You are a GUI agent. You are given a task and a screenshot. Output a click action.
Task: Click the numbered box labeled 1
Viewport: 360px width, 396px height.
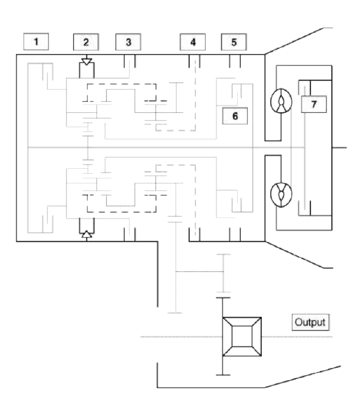click(x=36, y=41)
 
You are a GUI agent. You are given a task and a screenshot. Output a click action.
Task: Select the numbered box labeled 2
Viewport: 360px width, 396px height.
click(x=86, y=42)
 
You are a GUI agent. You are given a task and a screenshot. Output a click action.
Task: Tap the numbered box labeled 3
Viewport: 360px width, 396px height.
click(x=128, y=42)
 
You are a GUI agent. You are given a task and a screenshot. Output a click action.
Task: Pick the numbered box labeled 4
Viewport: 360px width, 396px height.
click(x=193, y=42)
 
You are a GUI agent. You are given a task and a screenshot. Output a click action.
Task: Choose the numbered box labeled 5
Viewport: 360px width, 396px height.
click(x=234, y=42)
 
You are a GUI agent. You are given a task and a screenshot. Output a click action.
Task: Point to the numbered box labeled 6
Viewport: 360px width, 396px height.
click(x=235, y=116)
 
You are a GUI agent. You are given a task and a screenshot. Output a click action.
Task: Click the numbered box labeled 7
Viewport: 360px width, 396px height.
click(x=314, y=104)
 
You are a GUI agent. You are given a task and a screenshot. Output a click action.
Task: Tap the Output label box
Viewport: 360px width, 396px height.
click(x=310, y=322)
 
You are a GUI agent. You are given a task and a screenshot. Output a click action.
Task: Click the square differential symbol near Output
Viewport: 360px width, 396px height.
click(x=242, y=336)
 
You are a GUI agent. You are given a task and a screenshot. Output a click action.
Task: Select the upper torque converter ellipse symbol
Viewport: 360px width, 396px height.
click(x=281, y=101)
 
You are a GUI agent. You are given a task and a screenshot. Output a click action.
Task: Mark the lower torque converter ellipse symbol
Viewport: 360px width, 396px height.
click(x=281, y=194)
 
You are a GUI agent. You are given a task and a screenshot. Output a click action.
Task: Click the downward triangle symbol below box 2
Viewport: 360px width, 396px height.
click(x=87, y=61)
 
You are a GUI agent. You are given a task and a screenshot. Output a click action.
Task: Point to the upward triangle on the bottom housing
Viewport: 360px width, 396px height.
click(x=87, y=234)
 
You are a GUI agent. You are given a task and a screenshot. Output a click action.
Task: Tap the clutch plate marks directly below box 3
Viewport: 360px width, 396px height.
click(x=130, y=61)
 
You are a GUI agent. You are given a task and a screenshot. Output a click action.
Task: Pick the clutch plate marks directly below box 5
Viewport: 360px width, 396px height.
click(x=235, y=61)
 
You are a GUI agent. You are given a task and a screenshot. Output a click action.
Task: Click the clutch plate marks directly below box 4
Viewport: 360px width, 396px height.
click(x=194, y=61)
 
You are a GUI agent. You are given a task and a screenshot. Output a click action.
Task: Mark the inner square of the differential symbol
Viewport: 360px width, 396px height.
click(x=242, y=336)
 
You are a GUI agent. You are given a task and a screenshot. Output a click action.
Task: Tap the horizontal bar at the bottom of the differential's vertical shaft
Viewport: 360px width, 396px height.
click(x=223, y=375)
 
